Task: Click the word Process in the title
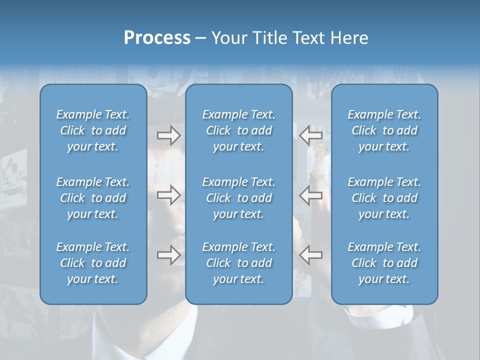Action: [x=157, y=38]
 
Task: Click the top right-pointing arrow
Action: [x=168, y=135]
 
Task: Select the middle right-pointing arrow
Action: [x=168, y=195]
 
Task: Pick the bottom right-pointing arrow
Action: [x=168, y=254]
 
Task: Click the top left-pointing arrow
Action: [x=310, y=135]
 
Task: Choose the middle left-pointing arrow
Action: [x=310, y=195]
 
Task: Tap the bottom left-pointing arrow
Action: [x=310, y=254]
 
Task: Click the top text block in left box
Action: [x=93, y=130]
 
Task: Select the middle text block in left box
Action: [x=93, y=198]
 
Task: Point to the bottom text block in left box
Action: [x=93, y=263]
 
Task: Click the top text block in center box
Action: [x=239, y=130]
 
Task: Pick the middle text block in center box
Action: [x=239, y=198]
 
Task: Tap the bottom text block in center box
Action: [x=239, y=263]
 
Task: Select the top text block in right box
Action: [x=384, y=130]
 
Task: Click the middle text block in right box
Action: [x=384, y=198]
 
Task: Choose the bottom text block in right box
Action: [x=384, y=263]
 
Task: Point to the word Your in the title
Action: [x=228, y=38]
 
